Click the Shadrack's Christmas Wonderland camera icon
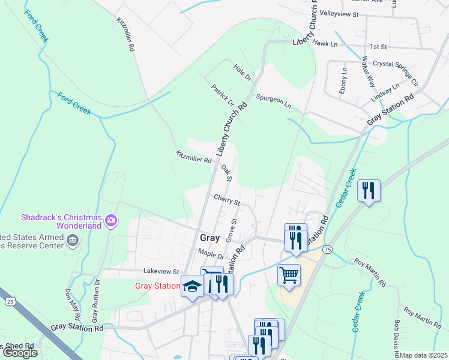coord(110,221)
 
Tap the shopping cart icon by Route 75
coord(289,275)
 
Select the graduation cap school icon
coord(192,286)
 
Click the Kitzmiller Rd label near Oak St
coord(193,156)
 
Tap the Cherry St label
coord(226,198)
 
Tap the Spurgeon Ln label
coord(273,101)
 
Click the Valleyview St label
coord(339,13)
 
